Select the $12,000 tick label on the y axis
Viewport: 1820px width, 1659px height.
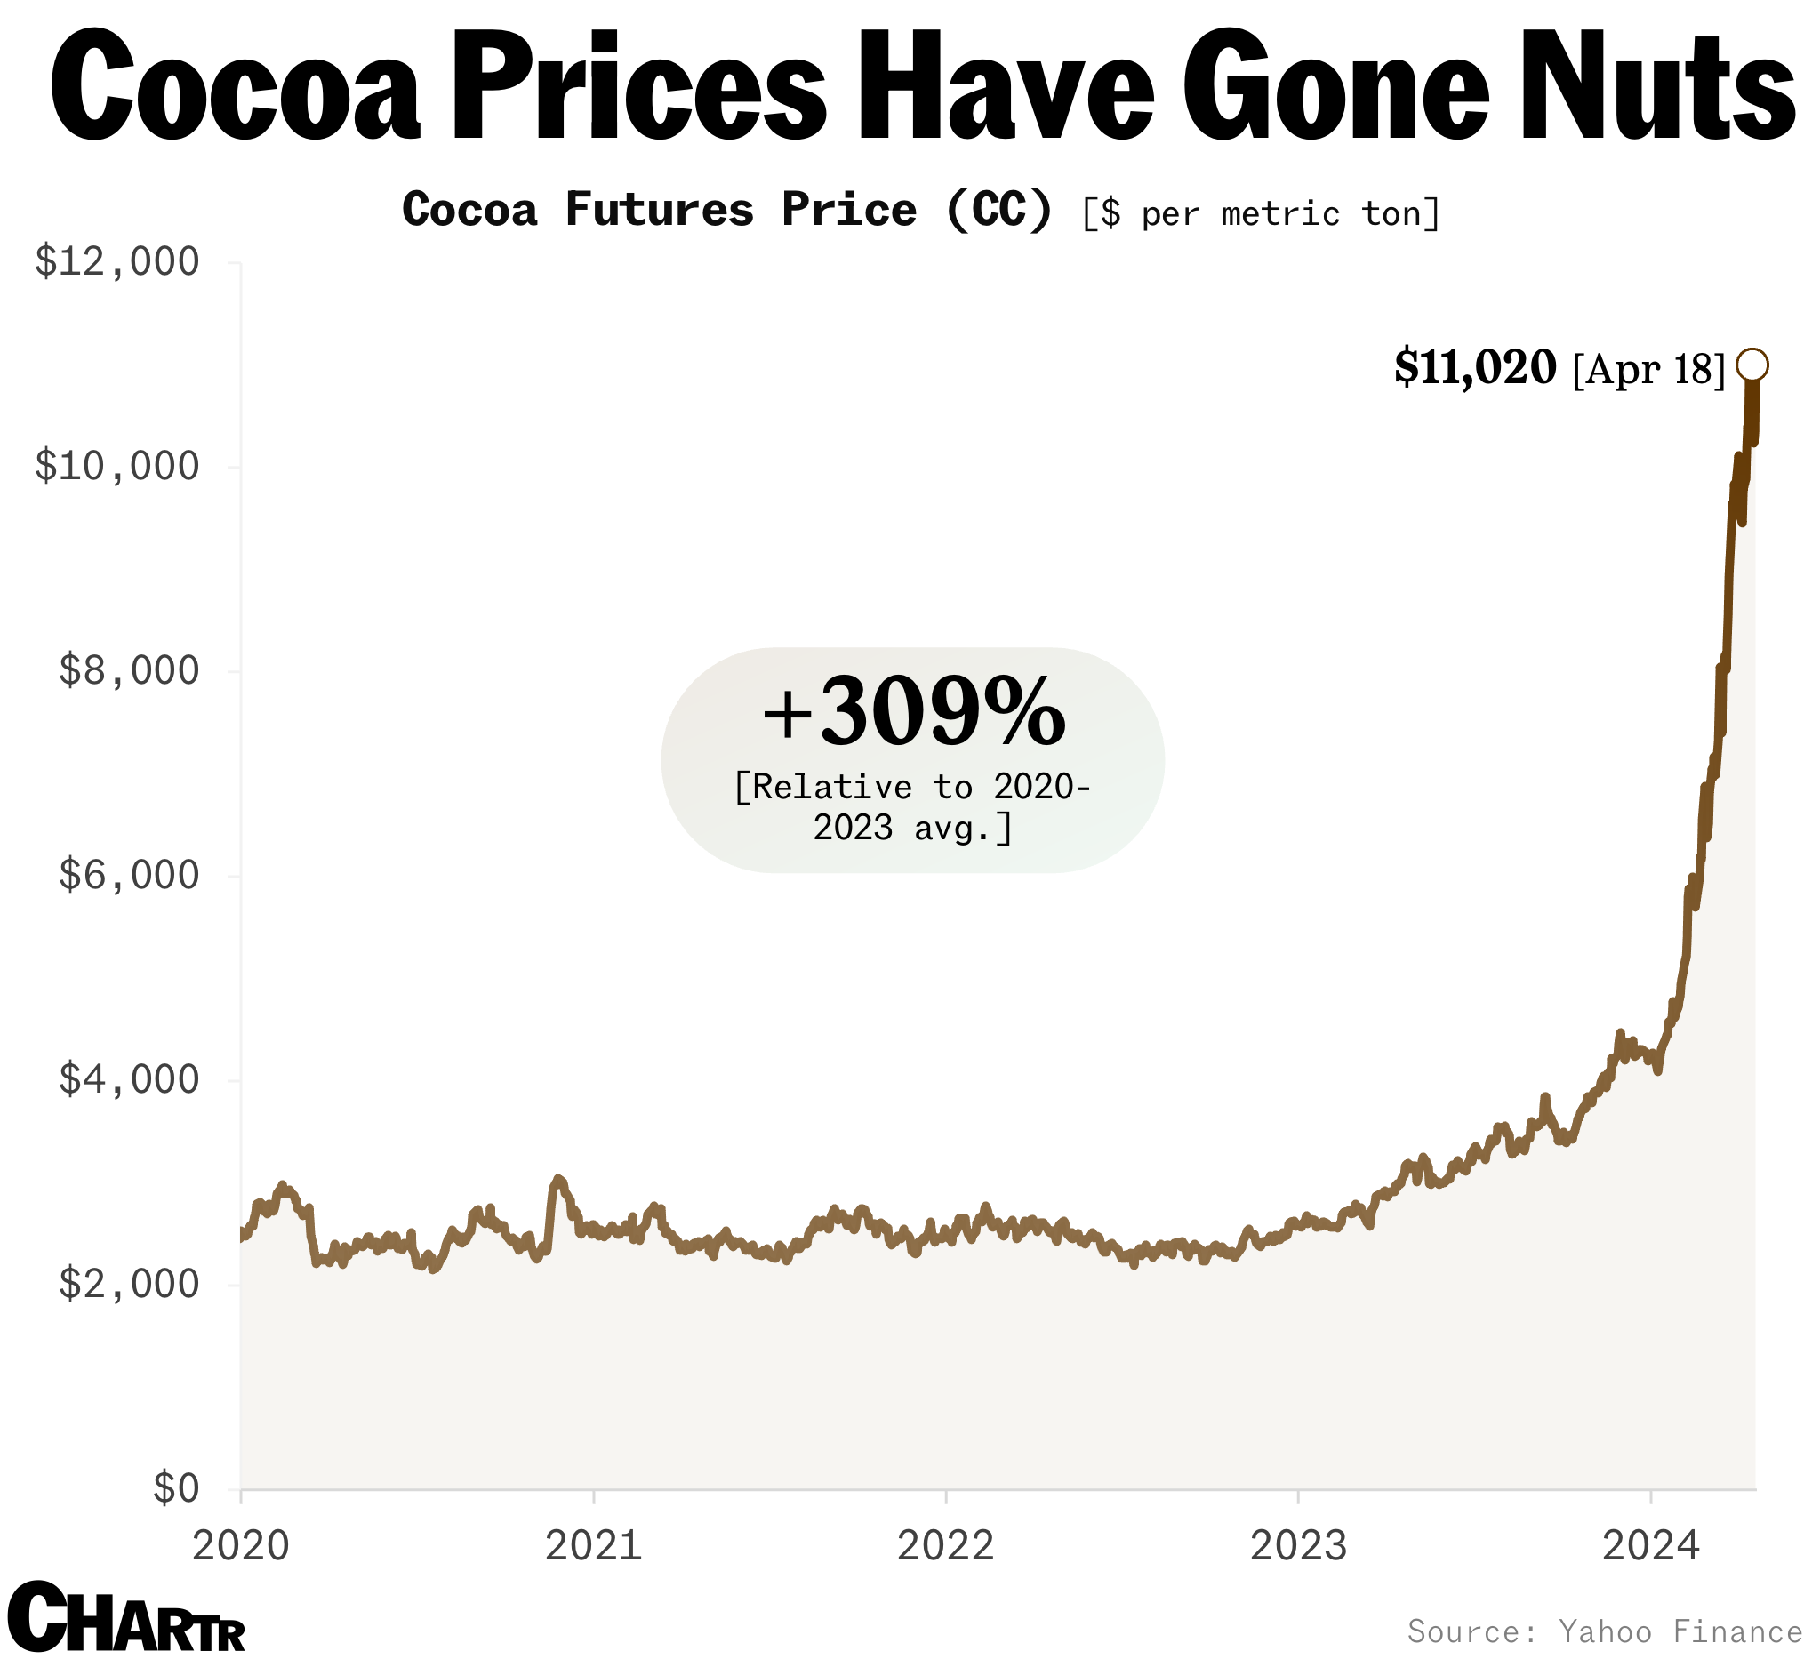click(x=116, y=262)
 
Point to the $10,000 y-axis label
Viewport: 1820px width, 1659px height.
click(x=116, y=467)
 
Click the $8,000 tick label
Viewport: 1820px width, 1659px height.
click(x=128, y=671)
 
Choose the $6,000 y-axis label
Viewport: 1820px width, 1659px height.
click(x=128, y=876)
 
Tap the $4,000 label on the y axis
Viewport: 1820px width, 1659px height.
click(x=128, y=1080)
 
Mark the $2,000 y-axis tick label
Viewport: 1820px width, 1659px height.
click(x=128, y=1285)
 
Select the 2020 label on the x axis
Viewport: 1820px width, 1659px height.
click(x=241, y=1546)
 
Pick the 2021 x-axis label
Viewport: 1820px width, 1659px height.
click(x=593, y=1546)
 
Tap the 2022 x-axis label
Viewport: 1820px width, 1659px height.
click(x=945, y=1546)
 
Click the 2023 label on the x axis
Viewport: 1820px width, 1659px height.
click(x=1297, y=1546)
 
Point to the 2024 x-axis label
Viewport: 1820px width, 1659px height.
click(x=1649, y=1546)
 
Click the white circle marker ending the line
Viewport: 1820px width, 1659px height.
click(x=1752, y=365)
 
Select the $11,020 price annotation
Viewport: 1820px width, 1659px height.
click(x=1475, y=367)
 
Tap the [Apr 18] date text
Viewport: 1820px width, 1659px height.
click(x=1648, y=369)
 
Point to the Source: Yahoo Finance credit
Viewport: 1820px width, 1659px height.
click(x=1604, y=1632)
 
